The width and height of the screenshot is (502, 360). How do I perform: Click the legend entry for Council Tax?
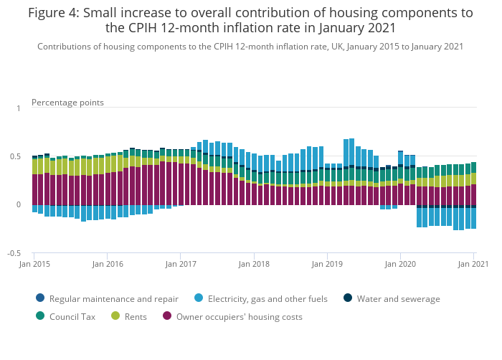point(72,316)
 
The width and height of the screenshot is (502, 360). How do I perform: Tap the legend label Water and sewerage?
point(398,299)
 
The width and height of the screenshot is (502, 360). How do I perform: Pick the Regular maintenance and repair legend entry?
point(114,299)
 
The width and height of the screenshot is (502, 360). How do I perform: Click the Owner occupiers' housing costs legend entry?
point(240,316)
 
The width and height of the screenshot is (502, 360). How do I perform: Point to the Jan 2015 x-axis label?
point(34,265)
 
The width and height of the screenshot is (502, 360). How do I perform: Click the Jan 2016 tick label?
point(107,265)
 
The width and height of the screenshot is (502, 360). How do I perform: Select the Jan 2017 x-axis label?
point(181,265)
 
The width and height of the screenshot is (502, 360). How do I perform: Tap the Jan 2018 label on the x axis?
point(254,265)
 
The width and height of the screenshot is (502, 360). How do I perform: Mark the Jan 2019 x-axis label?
point(327,265)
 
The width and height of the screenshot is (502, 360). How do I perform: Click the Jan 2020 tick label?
point(401,265)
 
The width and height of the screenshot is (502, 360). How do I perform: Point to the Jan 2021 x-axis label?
point(473,265)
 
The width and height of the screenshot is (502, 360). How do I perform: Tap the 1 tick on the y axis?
point(19,108)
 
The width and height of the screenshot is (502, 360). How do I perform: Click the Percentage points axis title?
point(67,103)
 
